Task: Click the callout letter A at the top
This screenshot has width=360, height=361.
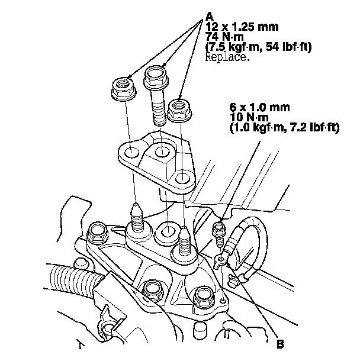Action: [208, 17]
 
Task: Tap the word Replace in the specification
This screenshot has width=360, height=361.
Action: [229, 58]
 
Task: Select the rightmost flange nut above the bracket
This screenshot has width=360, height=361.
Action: [179, 110]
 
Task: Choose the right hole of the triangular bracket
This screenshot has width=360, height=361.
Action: [183, 178]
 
